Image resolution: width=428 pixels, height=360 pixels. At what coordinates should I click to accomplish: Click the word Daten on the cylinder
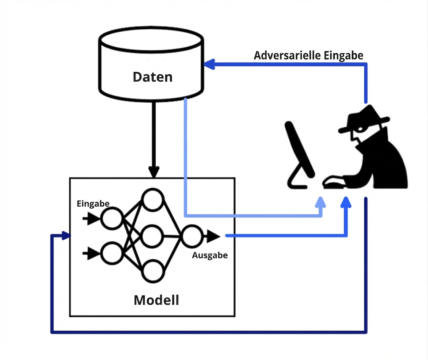[x=153, y=77]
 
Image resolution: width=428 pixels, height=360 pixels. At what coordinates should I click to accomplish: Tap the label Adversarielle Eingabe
[x=308, y=56]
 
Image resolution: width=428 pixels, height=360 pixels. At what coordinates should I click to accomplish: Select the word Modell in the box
[x=156, y=300]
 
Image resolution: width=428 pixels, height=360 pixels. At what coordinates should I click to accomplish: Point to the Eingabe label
[x=93, y=204]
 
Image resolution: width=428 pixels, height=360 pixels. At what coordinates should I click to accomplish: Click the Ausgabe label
[x=210, y=256]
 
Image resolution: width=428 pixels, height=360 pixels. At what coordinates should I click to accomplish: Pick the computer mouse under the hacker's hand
[x=333, y=185]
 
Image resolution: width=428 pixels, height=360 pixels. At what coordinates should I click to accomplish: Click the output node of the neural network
[x=191, y=236]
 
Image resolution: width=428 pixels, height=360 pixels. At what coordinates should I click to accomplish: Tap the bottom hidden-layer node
[x=153, y=271]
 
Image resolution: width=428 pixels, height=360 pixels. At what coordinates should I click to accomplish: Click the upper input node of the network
[x=111, y=219]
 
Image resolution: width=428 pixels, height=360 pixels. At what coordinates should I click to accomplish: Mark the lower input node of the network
[x=111, y=253]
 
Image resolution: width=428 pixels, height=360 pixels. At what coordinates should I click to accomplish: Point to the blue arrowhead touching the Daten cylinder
[x=209, y=65]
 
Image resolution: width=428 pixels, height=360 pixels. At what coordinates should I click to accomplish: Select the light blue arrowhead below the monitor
[x=321, y=202]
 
